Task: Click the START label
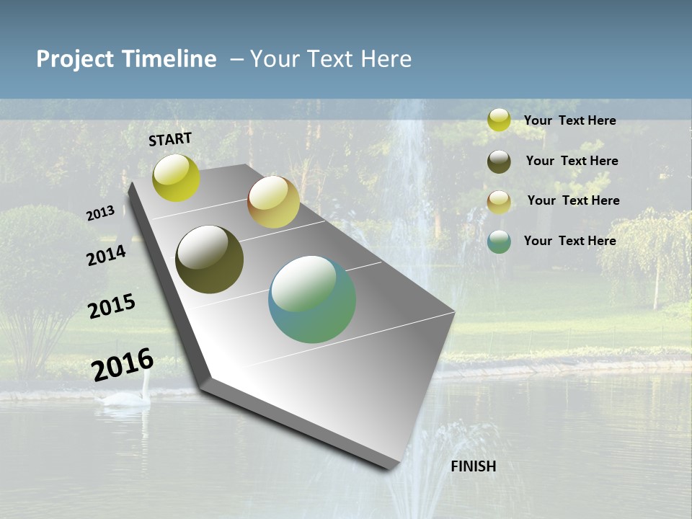tap(170, 139)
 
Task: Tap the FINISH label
tap(474, 466)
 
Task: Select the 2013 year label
tap(101, 213)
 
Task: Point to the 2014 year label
tap(106, 256)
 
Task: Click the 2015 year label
tap(112, 306)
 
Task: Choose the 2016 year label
tap(123, 364)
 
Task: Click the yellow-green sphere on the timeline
tap(177, 178)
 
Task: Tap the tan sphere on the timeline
tap(273, 202)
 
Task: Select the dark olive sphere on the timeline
tap(210, 259)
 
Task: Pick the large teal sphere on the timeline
tap(312, 299)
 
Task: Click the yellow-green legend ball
tap(499, 120)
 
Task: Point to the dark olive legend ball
tap(499, 161)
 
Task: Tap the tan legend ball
tap(499, 202)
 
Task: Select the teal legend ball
tap(499, 241)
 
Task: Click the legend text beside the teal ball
tap(570, 241)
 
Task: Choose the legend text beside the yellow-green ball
tap(570, 120)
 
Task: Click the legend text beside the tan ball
tap(574, 200)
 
